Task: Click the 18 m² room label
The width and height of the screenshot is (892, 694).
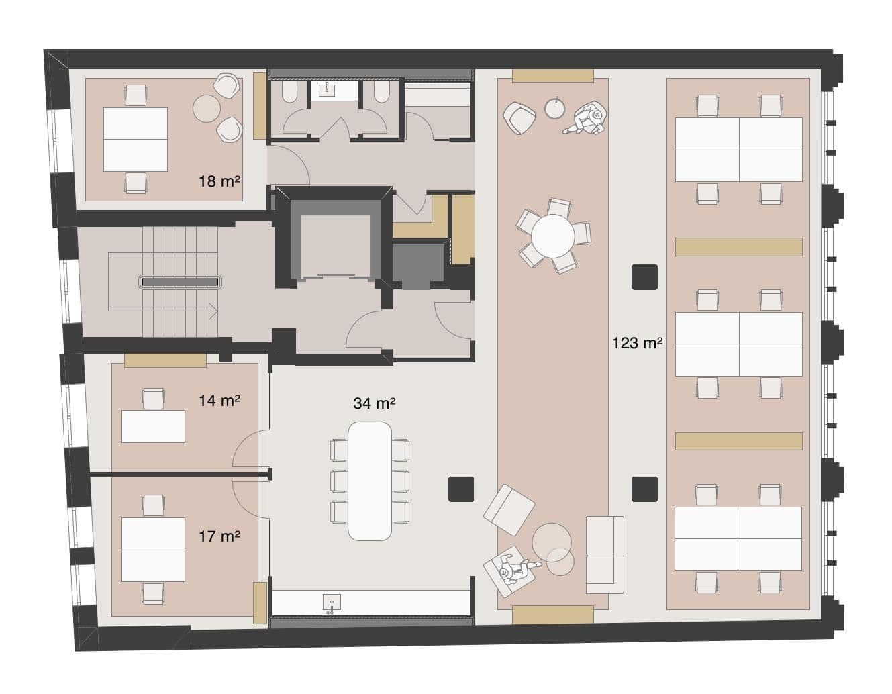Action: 219,181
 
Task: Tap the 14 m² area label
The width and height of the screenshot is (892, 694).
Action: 219,401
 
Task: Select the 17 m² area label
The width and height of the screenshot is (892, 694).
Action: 219,536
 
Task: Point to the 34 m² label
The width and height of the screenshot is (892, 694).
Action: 374,403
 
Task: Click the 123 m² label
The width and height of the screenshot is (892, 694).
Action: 637,344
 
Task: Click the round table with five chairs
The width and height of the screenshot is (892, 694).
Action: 553,236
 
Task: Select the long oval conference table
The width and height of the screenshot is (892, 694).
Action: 370,481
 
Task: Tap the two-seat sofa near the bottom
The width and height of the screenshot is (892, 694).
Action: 605,555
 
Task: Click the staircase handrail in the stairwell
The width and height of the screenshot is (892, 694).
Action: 181,282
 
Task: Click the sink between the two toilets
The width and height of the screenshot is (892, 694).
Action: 328,91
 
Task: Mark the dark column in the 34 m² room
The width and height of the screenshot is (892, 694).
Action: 461,489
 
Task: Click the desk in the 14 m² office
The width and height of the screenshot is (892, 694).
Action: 153,427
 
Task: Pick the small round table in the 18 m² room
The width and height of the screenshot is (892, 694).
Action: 207,107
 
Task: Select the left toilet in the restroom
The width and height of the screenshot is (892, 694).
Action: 290,93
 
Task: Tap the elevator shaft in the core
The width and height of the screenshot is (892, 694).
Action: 335,244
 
